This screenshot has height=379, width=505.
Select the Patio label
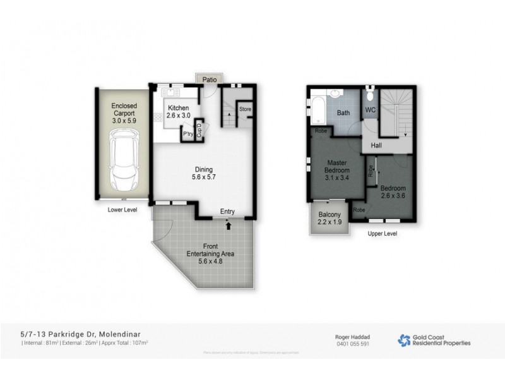tap(210, 80)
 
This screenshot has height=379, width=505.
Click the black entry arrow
tap(229, 224)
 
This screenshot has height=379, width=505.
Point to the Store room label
tap(245, 109)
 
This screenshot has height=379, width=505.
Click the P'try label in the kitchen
tap(187, 134)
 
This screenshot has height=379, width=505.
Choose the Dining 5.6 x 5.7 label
tap(203, 173)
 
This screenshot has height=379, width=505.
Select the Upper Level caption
tap(383, 233)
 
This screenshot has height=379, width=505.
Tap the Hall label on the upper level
tap(376, 145)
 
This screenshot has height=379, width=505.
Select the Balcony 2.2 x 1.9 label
tap(330, 217)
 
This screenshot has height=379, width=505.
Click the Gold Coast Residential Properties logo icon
tap(404, 340)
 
